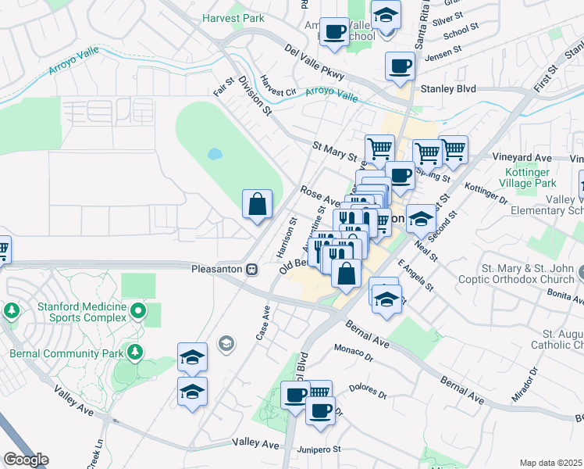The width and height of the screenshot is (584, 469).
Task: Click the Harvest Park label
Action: (x=233, y=17)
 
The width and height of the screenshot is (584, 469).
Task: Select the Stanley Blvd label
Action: (x=449, y=89)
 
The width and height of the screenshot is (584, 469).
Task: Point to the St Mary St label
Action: (x=334, y=146)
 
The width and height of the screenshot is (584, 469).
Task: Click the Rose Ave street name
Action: (x=319, y=195)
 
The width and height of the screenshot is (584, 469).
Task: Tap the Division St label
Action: (x=255, y=96)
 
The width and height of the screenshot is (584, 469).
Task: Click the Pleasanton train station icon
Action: (x=252, y=269)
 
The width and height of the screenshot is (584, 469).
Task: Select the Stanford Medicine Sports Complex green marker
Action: (x=138, y=312)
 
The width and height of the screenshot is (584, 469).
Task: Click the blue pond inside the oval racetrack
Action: (x=214, y=153)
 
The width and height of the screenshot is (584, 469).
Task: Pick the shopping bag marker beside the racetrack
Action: (x=257, y=206)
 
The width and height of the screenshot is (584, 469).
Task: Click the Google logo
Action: (x=26, y=460)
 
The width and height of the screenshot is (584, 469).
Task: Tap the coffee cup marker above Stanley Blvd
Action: (x=401, y=66)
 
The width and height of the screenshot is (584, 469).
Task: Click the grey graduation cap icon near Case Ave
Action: (x=226, y=342)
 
